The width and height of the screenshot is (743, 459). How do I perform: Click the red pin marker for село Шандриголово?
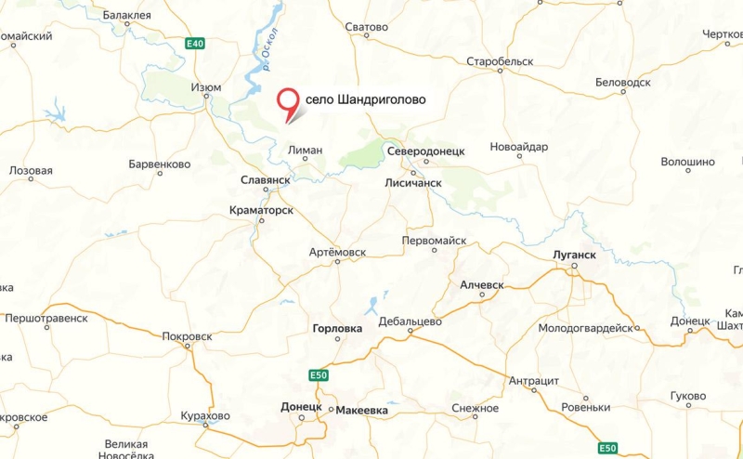click(292, 101)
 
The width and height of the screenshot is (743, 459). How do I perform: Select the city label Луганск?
click(572, 253)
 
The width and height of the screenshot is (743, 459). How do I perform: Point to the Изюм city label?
click(205, 87)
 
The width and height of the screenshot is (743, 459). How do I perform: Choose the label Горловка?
click(338, 328)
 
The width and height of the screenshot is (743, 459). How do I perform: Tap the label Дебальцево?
click(410, 321)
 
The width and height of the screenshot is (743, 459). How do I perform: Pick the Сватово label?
click(366, 27)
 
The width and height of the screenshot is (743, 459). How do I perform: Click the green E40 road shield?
click(194, 44)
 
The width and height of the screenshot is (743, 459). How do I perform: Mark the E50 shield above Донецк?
click(319, 374)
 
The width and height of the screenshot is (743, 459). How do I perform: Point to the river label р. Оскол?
click(273, 53)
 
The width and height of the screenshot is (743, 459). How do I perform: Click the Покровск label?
click(187, 336)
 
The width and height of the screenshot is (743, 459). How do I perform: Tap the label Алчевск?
click(481, 284)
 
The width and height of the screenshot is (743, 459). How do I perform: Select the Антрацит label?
click(534, 381)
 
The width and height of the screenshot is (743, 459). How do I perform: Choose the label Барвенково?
click(160, 164)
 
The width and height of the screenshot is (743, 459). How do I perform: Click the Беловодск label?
click(622, 83)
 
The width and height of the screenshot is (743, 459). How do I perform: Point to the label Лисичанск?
click(413, 183)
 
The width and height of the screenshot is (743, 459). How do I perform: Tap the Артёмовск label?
click(337, 253)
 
